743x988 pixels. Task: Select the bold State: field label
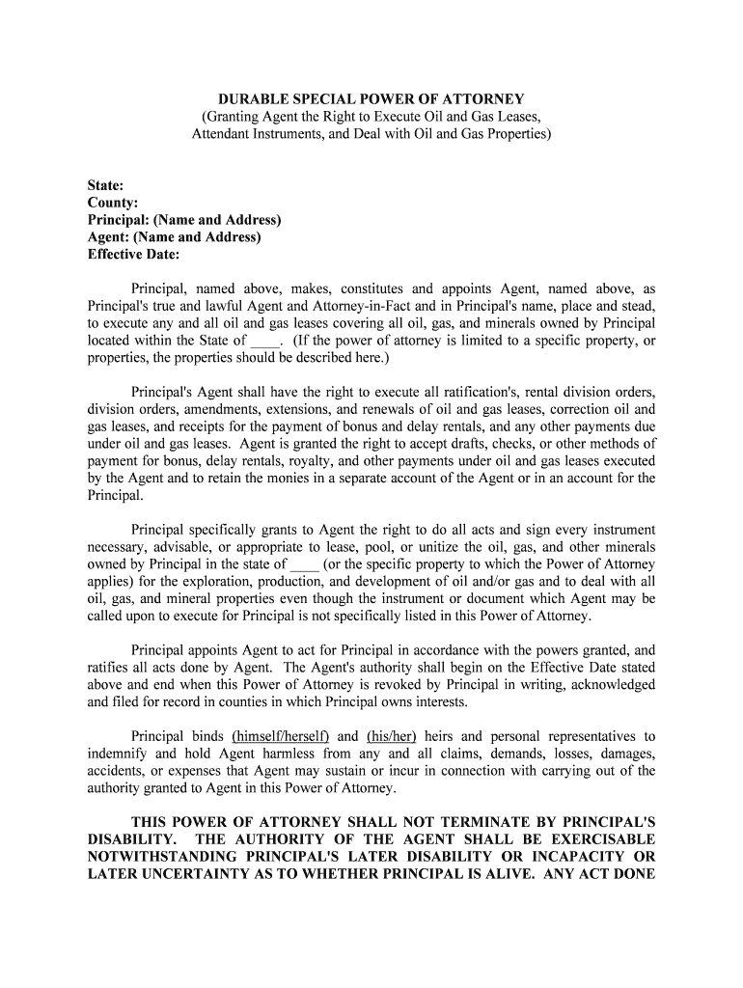pyautogui.click(x=105, y=185)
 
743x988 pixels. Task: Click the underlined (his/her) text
pyautogui.click(x=391, y=736)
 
